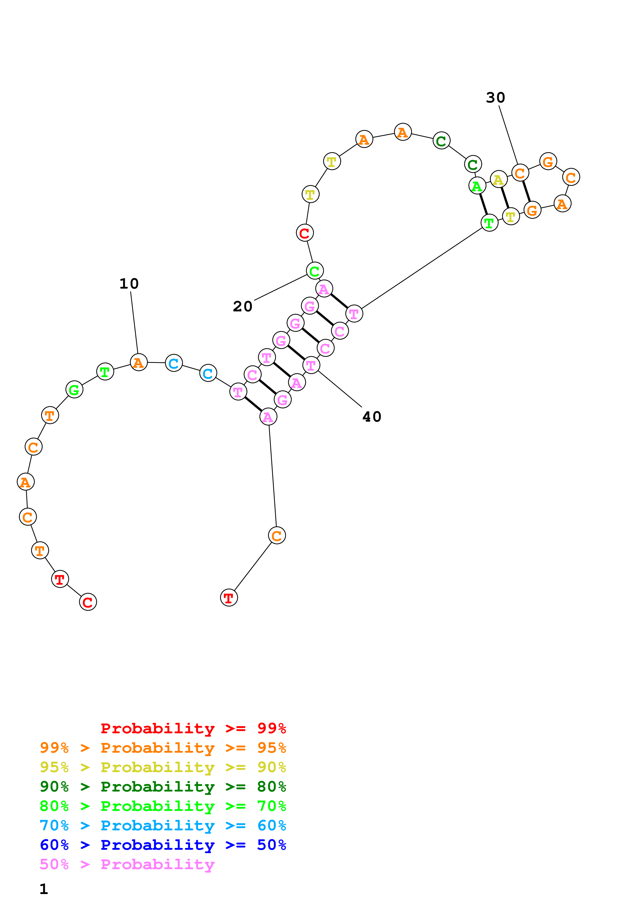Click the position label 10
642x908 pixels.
coord(129,283)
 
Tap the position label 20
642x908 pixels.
coord(242,306)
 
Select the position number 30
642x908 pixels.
coord(495,98)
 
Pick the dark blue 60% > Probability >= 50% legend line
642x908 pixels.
coord(163,845)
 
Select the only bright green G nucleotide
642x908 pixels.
coord(74,390)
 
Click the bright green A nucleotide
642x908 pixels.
coord(477,186)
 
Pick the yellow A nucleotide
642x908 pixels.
coord(499,180)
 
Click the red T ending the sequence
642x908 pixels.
coord(229,598)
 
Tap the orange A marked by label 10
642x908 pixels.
coord(139,362)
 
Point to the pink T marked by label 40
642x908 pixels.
coord(311,365)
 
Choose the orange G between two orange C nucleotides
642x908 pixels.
coord(548,161)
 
